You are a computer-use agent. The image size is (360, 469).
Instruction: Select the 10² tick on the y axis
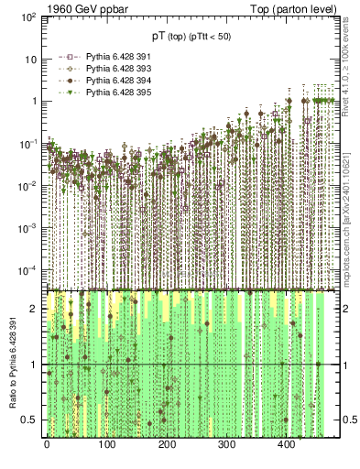27,17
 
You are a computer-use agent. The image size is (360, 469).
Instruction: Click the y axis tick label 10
30,60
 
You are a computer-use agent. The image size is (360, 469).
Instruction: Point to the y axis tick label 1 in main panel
34,102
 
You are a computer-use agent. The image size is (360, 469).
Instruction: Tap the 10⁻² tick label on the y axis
27,185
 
